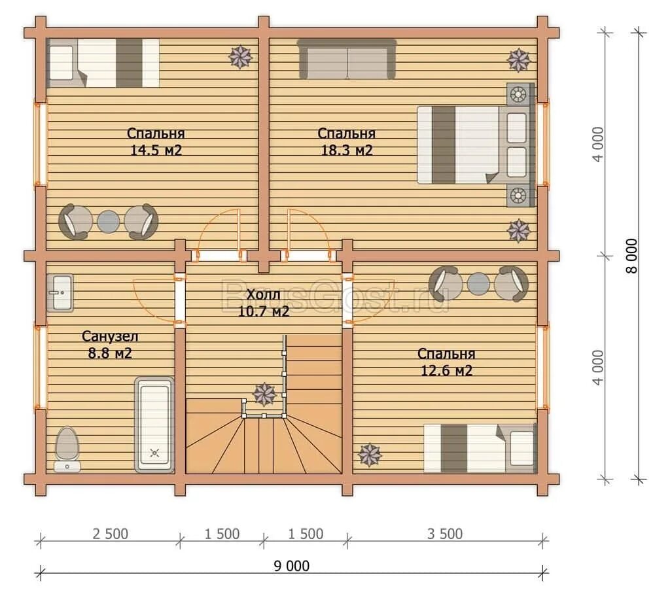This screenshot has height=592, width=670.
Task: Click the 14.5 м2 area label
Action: [x=156, y=150]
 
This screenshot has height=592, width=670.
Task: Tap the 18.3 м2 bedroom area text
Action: [x=347, y=150]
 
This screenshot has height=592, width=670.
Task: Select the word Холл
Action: [x=264, y=294]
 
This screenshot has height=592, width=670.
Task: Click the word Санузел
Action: [x=110, y=337]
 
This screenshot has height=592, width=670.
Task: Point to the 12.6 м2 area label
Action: [x=446, y=370]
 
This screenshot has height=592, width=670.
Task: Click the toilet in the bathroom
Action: [x=67, y=449]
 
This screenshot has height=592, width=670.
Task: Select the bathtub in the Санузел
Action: [x=154, y=425]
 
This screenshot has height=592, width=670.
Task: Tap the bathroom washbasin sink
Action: [x=60, y=293]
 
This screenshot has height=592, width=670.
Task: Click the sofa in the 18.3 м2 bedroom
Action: [x=347, y=59]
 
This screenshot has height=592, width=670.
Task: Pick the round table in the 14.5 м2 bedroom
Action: [x=108, y=222]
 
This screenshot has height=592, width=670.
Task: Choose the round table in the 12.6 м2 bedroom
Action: [x=478, y=284]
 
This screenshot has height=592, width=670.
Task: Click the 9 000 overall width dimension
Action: [x=291, y=566]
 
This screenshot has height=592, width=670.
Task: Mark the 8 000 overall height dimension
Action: [x=632, y=256]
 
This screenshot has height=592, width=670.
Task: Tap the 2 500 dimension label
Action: [x=110, y=534]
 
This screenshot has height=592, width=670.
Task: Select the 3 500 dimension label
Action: [x=445, y=534]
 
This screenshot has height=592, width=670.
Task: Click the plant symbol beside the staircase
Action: [x=265, y=394]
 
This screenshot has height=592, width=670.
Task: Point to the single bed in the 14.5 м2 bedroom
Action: [x=103, y=63]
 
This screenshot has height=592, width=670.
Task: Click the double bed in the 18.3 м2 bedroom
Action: [x=476, y=145]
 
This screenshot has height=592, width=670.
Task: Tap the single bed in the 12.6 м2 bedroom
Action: [x=480, y=448]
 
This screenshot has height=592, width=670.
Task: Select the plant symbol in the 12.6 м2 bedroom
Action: [x=370, y=455]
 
